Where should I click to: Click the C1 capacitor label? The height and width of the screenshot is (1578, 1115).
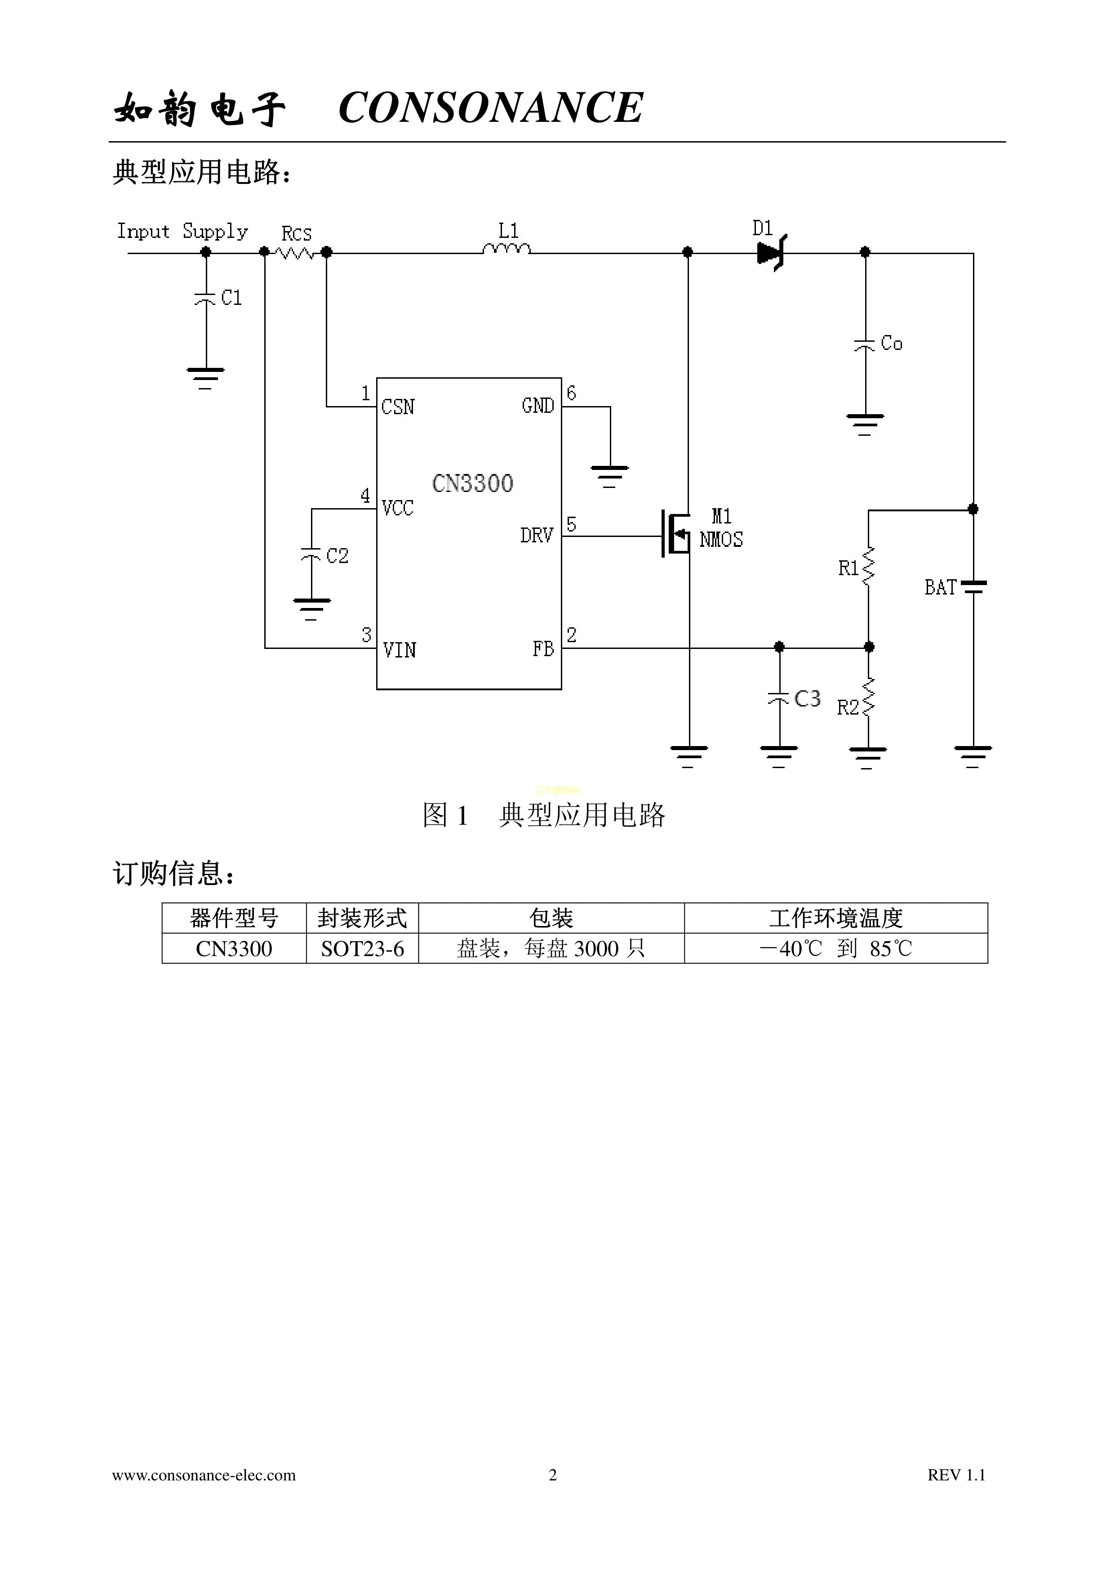pos(231,298)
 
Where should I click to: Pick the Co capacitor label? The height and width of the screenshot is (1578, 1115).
pos(891,343)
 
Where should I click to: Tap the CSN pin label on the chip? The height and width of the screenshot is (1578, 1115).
pos(398,407)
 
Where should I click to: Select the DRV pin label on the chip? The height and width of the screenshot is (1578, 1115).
pos(537,536)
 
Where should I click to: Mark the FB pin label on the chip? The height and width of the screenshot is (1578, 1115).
pos(543,649)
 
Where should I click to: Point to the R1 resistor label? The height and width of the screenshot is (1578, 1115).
pos(848,568)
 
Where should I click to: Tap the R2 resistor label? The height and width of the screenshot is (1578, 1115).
pos(848,707)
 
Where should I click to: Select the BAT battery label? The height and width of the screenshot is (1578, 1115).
pos(941,588)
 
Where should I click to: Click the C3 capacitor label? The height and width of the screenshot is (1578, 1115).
pos(807,699)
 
